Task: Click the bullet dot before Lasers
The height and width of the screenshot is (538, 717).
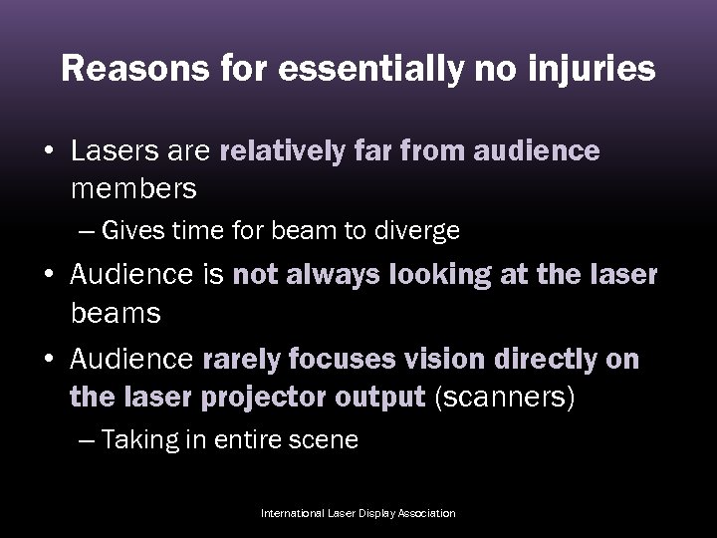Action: (48, 151)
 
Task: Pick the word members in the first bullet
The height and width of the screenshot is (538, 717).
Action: (133, 186)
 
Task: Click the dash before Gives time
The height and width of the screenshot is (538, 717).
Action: (87, 232)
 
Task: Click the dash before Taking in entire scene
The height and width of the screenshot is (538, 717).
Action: (87, 440)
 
